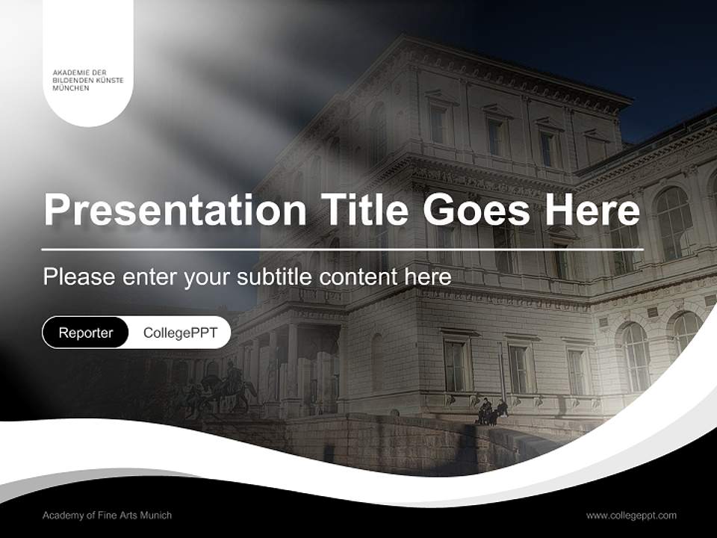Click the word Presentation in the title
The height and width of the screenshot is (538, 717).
point(175,211)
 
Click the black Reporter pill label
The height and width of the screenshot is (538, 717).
point(85,333)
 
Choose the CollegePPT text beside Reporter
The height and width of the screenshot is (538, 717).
point(180,333)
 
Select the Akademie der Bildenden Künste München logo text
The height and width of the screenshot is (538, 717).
point(88,80)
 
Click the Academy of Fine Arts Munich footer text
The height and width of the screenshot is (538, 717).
point(107,516)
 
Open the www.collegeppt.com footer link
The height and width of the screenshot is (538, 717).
point(631,516)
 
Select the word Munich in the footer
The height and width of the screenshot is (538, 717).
point(157,516)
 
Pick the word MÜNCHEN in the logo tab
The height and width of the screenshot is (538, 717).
point(70,88)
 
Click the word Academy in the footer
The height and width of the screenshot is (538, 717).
point(61,516)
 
